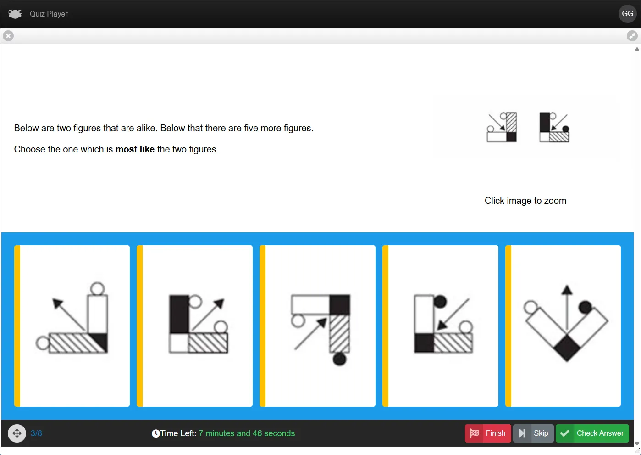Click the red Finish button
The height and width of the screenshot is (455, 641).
coord(487,433)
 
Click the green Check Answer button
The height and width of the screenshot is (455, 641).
coord(592,433)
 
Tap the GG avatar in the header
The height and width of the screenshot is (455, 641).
coord(627,13)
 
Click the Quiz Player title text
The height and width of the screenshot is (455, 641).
coord(49,14)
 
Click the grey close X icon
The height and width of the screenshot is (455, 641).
coord(8,36)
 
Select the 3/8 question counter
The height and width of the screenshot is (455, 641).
coord(36,433)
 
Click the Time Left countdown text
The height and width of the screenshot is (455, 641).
coord(223,433)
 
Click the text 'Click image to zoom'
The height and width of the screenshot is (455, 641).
coord(525,201)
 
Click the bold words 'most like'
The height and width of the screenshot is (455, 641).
coord(135,149)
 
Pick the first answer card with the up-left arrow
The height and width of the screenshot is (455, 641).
coord(72,326)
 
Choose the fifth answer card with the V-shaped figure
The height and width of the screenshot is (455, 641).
coord(563,326)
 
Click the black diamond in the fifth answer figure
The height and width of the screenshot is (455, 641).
coord(567,348)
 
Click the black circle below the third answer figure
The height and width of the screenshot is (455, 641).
coord(339,359)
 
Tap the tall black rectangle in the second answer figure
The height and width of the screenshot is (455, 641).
coord(179,314)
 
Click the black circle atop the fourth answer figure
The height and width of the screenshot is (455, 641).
coord(440,302)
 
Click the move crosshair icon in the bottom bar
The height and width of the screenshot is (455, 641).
coord(17,433)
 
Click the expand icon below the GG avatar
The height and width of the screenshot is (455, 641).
coord(632,36)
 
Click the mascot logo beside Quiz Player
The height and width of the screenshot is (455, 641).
coord(15,14)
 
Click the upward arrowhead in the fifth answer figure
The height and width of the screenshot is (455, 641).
coord(567,290)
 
